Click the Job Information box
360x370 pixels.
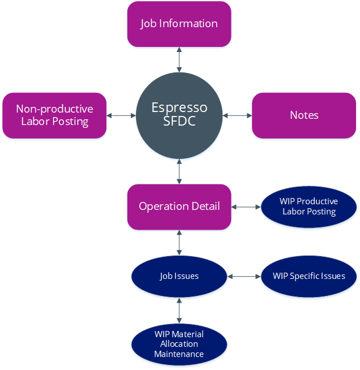[179, 24]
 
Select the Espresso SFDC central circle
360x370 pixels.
[179, 115]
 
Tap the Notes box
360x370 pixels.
[304, 115]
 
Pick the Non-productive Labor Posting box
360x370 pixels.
[54, 115]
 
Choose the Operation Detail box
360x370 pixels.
[179, 207]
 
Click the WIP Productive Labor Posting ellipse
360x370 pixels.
[309, 207]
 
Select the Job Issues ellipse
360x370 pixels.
[179, 276]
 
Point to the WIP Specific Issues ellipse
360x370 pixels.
[309, 276]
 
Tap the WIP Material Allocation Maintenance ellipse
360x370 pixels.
[179, 345]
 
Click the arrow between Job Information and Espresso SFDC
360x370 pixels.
[179, 60]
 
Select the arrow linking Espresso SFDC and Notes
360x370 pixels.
[237, 115]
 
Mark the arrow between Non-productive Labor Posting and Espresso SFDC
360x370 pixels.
[121, 115]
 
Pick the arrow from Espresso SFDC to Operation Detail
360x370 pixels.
[179, 171]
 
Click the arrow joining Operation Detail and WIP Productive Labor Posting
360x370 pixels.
[246, 207]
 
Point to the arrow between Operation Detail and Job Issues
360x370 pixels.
[179, 243]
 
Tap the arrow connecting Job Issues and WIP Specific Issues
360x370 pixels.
[244, 276]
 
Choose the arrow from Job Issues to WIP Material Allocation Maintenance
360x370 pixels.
[179, 311]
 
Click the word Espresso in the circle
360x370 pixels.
[179, 108]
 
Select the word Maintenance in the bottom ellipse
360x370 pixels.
[179, 354]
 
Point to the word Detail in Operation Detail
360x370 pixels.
[205, 206]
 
